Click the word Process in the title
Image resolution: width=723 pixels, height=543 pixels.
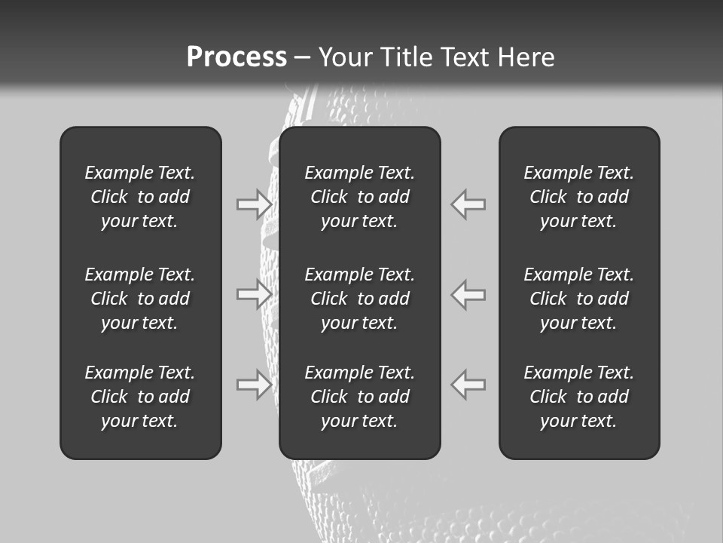coord(236,57)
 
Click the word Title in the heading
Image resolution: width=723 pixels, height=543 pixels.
coord(404,57)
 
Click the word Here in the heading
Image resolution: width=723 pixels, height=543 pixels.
coord(526,57)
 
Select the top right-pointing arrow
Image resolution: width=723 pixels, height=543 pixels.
coord(254,204)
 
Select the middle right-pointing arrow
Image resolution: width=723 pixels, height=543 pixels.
coord(254,294)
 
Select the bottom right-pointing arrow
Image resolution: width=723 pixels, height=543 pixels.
coord(254,384)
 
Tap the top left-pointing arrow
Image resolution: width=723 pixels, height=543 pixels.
coord(468,204)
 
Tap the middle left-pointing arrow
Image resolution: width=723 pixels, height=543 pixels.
coord(468,294)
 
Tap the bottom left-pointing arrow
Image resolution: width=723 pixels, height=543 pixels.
coord(468,384)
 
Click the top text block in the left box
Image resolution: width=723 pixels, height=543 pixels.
coord(140,197)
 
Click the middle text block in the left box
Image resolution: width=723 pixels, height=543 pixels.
coord(140,299)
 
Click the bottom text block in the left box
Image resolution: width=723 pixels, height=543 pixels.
coord(140,397)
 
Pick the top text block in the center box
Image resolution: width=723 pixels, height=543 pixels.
coord(359,197)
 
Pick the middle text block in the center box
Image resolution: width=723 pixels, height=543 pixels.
coord(359,299)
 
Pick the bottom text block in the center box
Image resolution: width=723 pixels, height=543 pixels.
coord(359,397)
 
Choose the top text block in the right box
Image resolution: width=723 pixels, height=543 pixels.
coord(578,197)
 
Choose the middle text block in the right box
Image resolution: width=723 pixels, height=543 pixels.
coord(578,299)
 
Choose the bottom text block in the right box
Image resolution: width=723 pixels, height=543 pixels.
coord(578,397)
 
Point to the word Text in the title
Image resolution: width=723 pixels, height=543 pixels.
coord(467,57)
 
